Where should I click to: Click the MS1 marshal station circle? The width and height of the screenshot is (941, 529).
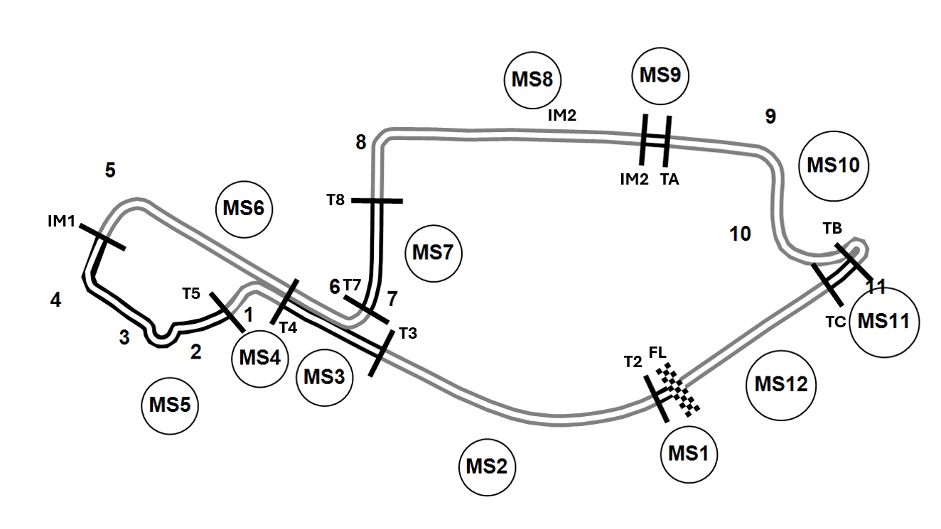pyautogui.click(x=689, y=453)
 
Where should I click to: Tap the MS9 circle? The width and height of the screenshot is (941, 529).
pyautogui.click(x=661, y=75)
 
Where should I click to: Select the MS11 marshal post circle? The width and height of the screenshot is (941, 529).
pyautogui.click(x=883, y=321)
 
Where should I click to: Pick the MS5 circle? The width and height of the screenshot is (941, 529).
pyautogui.click(x=170, y=405)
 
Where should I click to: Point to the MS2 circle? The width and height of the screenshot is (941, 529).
pyautogui.click(x=487, y=467)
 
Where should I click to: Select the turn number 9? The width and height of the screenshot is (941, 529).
pyautogui.click(x=770, y=116)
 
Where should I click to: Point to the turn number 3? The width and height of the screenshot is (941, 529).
pyautogui.click(x=124, y=338)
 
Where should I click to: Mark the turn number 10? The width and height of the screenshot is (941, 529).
pyautogui.click(x=740, y=234)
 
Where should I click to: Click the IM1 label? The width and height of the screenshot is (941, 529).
pyautogui.click(x=61, y=222)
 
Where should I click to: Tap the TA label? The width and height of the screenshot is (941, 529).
pyautogui.click(x=670, y=180)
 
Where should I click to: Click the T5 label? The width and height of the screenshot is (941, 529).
pyautogui.click(x=191, y=293)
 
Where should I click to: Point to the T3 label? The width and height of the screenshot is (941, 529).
pyautogui.click(x=408, y=332)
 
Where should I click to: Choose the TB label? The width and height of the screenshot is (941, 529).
pyautogui.click(x=832, y=229)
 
